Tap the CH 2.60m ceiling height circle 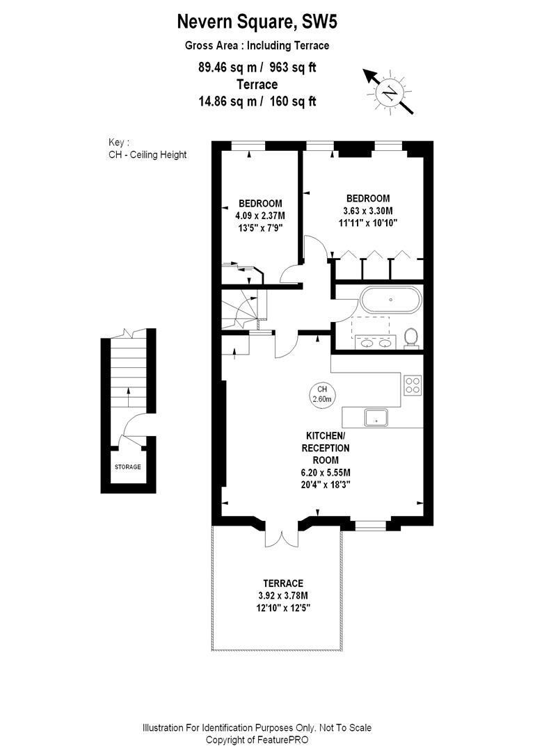(x=321, y=394)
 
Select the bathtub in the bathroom (x=390, y=300)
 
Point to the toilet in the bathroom (x=411, y=337)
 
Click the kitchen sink (x=376, y=417)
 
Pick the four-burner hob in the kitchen (x=413, y=385)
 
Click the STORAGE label (x=127, y=467)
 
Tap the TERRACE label (x=282, y=583)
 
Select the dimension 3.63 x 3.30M (x=367, y=211)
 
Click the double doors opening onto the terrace (x=282, y=534)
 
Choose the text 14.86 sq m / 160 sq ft (x=257, y=101)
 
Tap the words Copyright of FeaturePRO (x=257, y=739)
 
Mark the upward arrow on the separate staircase (x=127, y=396)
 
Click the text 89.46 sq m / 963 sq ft (x=257, y=67)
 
